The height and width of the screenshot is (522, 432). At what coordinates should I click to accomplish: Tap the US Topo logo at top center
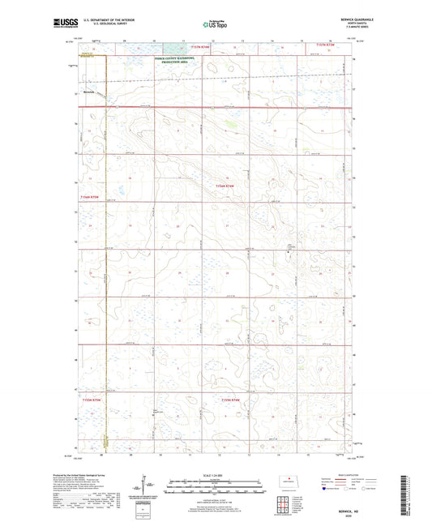(212, 25)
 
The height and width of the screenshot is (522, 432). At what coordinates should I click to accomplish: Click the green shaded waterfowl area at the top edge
(172, 48)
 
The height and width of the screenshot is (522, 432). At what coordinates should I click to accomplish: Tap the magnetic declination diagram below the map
(146, 490)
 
